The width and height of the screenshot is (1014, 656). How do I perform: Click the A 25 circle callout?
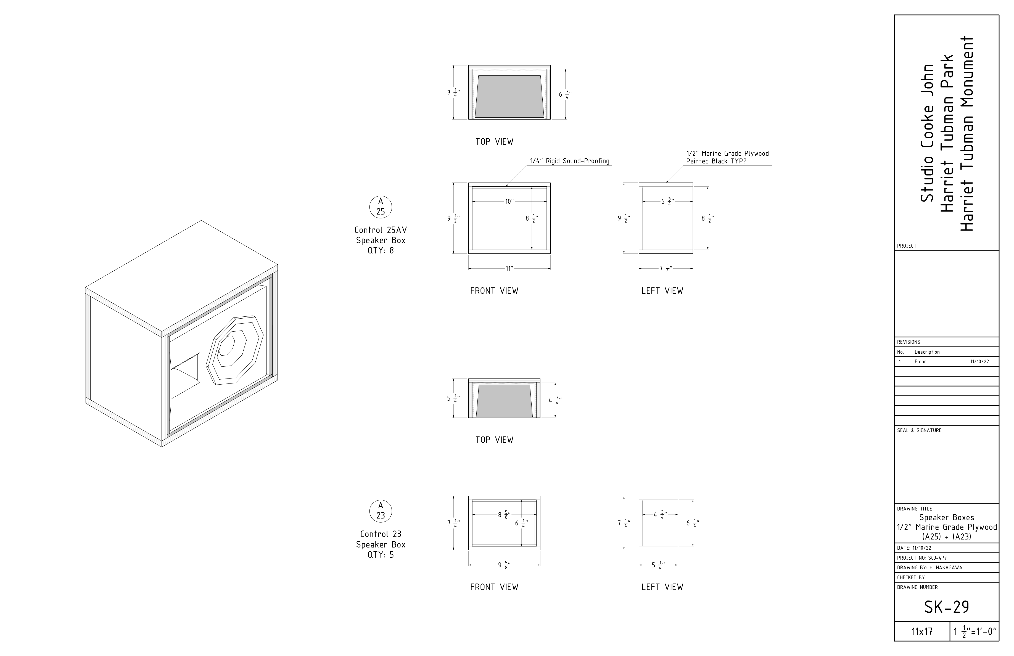coord(381,207)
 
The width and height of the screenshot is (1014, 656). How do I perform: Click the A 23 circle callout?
coord(381,511)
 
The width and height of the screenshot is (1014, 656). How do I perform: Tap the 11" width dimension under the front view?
coord(509,268)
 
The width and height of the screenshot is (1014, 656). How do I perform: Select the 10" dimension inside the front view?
coord(509,202)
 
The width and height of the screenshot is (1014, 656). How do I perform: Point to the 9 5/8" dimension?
coord(505,565)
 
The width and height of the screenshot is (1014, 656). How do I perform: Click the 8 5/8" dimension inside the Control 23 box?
coord(505,515)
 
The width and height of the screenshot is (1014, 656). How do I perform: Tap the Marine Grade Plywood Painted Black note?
coord(727,157)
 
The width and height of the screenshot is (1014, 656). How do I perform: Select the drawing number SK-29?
coord(946,607)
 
